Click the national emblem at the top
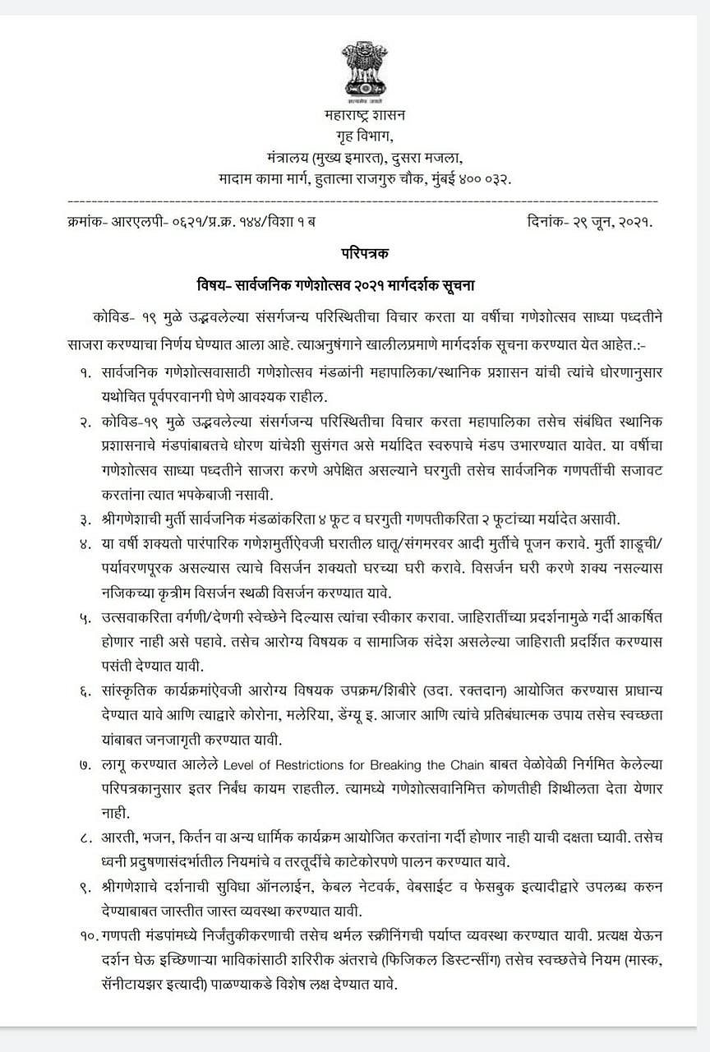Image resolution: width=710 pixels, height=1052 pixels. (x=362, y=73)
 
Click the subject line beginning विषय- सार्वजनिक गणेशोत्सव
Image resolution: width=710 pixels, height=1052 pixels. (x=336, y=285)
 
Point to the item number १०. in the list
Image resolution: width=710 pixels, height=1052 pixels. (x=90, y=916)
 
